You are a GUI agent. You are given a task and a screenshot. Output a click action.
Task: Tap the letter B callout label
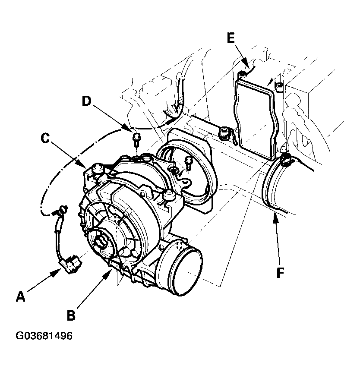[71, 315]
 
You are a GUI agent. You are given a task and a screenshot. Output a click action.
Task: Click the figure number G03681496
[44, 336]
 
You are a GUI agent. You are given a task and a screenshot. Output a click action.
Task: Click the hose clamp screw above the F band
[285, 161]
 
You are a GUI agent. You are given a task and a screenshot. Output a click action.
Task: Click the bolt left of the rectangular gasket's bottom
[224, 132]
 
